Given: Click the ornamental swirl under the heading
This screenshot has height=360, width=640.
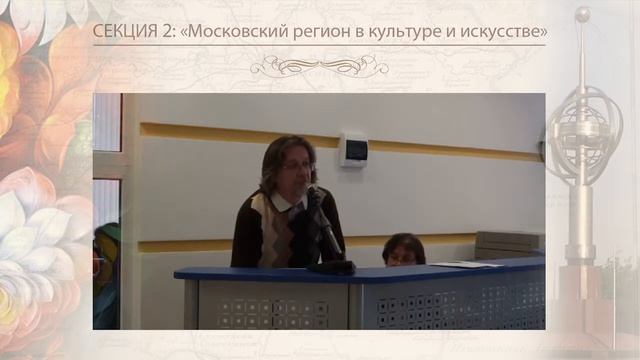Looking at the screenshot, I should click(x=319, y=66).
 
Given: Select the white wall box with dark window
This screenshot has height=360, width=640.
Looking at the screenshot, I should click(x=353, y=149).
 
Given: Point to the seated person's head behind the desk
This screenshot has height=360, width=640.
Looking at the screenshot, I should click(x=403, y=248).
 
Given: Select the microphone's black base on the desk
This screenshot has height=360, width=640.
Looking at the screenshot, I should click(x=331, y=267).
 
